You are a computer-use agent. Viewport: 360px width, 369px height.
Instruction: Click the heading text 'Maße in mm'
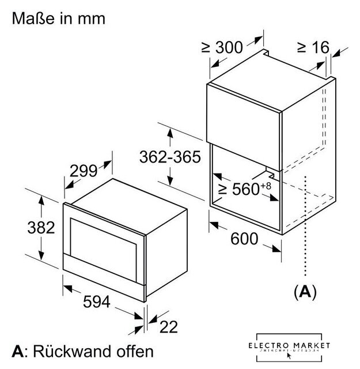(x=58, y=18)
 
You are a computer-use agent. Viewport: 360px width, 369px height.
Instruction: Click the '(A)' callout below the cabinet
(x=305, y=292)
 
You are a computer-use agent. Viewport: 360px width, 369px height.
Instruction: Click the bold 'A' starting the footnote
(x=18, y=351)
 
